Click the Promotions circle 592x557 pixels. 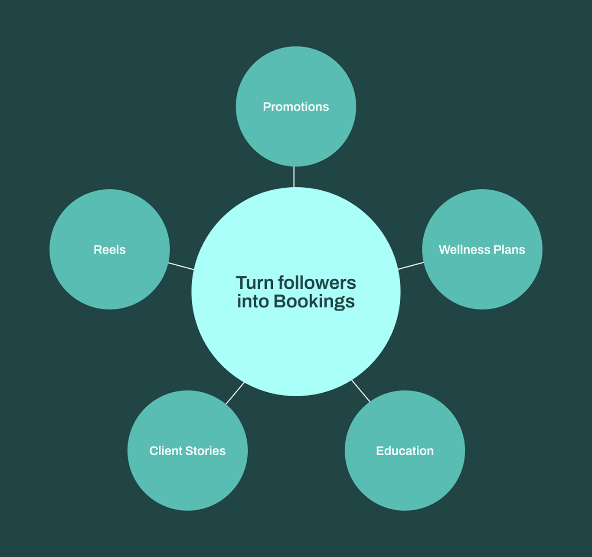click(296, 106)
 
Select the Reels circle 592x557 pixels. click(110, 249)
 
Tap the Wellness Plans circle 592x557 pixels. click(482, 249)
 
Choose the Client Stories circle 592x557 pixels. click(187, 450)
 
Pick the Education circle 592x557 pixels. click(405, 450)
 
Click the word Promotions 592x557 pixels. click(296, 107)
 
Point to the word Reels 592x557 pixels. click(110, 249)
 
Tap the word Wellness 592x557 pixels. click(464, 249)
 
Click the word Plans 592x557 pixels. click(509, 249)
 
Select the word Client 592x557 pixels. click(166, 451)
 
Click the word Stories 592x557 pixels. click(206, 451)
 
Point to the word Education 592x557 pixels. click(405, 451)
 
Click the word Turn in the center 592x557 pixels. click(255, 283)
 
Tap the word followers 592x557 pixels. click(317, 283)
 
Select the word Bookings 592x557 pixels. click(314, 302)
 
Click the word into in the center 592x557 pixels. click(253, 301)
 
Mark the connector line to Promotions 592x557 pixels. click(294, 177)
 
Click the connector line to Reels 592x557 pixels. click(181, 266)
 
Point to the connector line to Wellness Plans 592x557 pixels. click(411, 266)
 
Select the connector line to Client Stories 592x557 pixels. click(235, 393)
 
